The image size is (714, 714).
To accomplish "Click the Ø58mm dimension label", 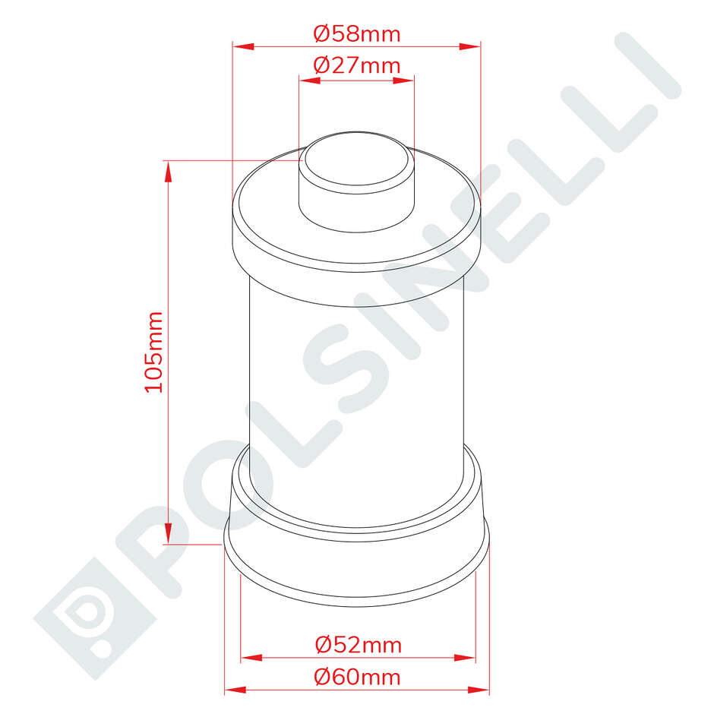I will (356, 34).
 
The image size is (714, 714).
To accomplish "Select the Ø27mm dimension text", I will (356, 65).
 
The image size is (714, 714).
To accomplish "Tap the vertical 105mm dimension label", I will (154, 352).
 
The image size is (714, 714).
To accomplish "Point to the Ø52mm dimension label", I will (358, 646).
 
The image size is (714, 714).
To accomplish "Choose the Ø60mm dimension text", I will (358, 676).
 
